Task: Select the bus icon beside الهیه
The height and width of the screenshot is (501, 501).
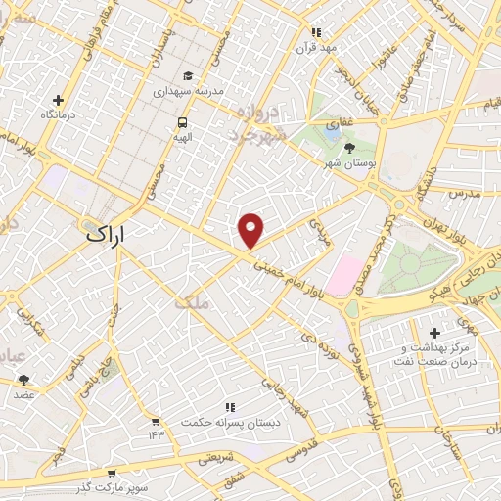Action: (x=182, y=122)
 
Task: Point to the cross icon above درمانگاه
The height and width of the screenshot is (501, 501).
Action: (x=58, y=100)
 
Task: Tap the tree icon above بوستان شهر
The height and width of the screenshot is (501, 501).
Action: (x=350, y=147)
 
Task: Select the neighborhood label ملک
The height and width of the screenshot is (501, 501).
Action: (x=192, y=303)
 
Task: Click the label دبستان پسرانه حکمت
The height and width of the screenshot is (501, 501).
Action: (x=231, y=422)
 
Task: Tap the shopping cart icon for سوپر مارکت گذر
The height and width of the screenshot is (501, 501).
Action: (x=111, y=472)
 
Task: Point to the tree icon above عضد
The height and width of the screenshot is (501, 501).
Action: (x=23, y=380)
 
